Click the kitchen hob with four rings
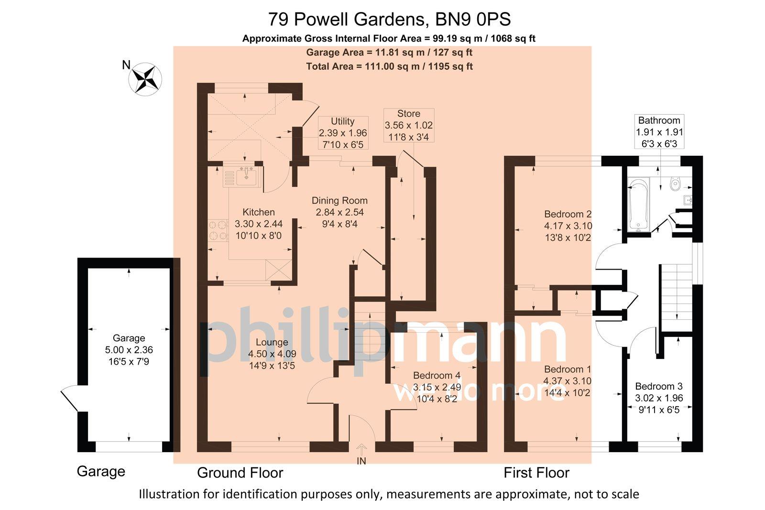coord(218,229)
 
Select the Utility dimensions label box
coord(342,133)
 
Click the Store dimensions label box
coord(409,125)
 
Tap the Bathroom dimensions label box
coord(659,132)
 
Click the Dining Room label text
coord(339,201)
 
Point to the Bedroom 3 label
coord(659,386)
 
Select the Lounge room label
coord(272,342)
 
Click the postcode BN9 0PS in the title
coord(473,20)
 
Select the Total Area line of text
coord(389,66)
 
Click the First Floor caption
coord(536,473)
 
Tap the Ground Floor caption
coord(240,473)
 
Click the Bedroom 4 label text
coord(437,375)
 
